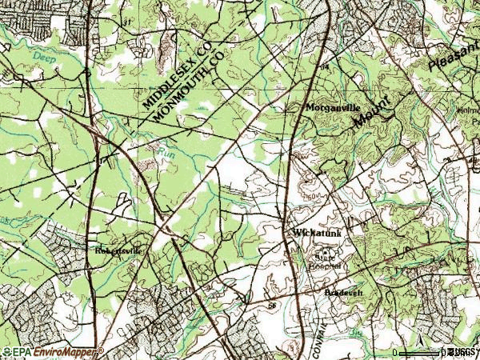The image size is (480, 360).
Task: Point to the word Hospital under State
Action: point(326,266)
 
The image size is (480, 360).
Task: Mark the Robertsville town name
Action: point(117,250)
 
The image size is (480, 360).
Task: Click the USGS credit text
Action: point(462,352)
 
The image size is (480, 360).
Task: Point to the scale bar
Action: point(419,352)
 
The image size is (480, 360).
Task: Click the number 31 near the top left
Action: point(126,22)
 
